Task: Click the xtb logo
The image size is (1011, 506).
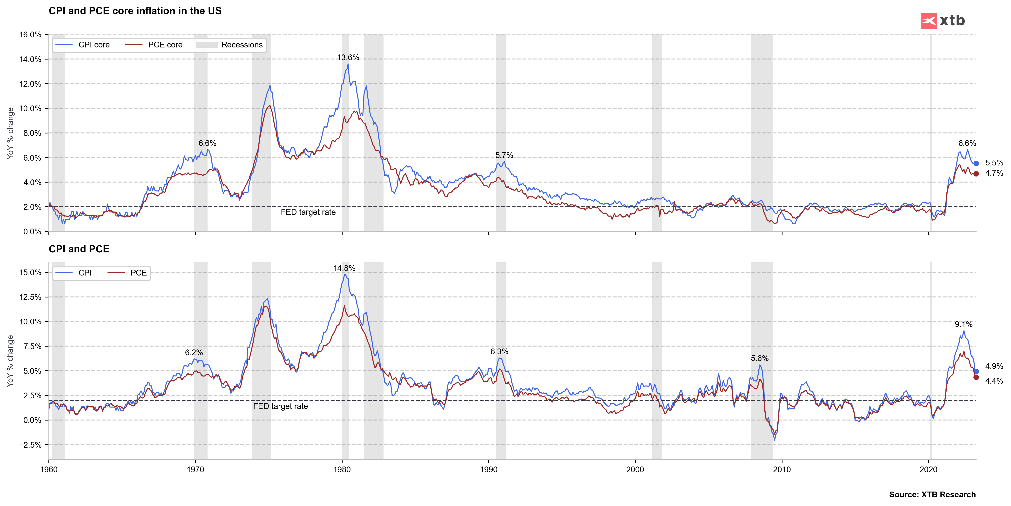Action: coord(943,20)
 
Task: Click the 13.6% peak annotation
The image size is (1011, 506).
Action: coord(348,58)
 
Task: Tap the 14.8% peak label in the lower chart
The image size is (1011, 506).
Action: coord(344,268)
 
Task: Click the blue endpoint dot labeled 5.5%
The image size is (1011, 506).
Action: coord(976,163)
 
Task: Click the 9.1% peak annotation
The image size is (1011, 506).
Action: coord(964,324)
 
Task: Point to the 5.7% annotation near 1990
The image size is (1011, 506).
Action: coord(504,155)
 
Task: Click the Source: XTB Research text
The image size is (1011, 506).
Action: coord(932,495)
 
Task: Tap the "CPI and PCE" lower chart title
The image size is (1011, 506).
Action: coord(79,249)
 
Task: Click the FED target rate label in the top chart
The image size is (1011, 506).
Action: coord(308,212)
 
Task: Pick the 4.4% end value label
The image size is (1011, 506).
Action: coord(994,381)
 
